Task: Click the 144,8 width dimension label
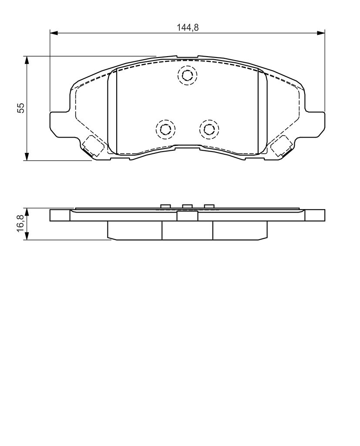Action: pyautogui.click(x=188, y=27)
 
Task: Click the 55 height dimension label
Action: pyautogui.click(x=21, y=108)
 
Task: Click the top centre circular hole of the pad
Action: pyautogui.click(x=187, y=75)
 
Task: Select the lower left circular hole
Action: pyautogui.click(x=165, y=129)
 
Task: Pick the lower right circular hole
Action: pyautogui.click(x=209, y=129)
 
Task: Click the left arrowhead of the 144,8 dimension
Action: pyautogui.click(x=54, y=33)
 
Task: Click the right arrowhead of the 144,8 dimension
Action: pyautogui.click(x=321, y=33)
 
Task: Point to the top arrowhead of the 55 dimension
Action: pyautogui.click(x=27, y=60)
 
